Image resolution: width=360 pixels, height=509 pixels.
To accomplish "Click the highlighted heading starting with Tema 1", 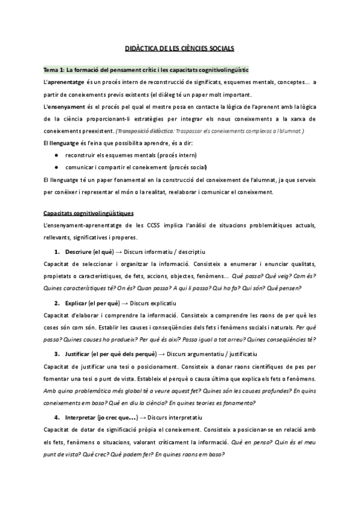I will pyautogui.click(x=146, y=70).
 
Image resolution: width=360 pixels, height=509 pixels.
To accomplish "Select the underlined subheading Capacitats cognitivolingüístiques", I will pyautogui.click(x=89, y=213).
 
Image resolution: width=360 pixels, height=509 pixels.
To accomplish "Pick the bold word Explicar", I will pyautogui.click(x=77, y=303).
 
